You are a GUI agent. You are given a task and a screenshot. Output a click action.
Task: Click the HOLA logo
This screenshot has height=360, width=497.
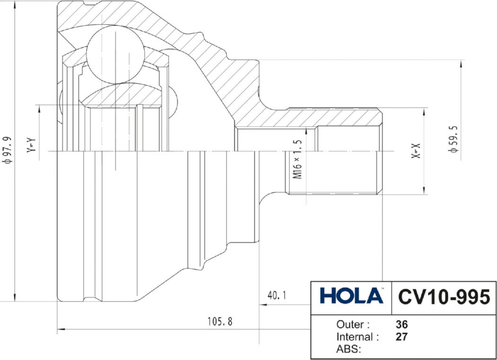(351, 296)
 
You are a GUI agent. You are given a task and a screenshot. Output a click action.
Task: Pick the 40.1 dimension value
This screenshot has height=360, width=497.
(277, 296)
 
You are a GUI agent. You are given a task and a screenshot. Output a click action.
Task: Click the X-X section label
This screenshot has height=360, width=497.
(416, 151)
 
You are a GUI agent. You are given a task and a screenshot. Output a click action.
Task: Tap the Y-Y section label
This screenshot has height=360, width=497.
(31, 145)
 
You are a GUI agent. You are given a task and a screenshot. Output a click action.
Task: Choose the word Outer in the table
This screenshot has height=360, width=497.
(350, 325)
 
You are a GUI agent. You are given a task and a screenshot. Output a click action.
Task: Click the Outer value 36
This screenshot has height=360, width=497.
(401, 325)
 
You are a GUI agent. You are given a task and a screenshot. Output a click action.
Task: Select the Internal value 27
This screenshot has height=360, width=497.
(401, 337)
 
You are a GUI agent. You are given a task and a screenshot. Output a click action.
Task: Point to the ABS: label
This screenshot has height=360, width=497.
(349, 349)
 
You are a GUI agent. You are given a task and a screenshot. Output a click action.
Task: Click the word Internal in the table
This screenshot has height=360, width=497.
(355, 337)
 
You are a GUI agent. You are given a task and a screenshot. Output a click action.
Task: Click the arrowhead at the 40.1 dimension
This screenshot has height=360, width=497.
(263, 305)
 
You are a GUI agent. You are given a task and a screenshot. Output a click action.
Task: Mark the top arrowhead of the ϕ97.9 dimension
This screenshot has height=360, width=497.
(16, 5)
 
